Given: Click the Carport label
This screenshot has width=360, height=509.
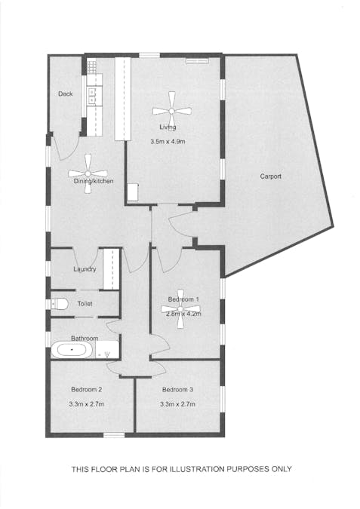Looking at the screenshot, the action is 270,176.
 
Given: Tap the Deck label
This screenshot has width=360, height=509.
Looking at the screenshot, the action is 66,94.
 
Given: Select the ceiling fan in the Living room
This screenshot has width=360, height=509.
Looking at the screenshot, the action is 172,111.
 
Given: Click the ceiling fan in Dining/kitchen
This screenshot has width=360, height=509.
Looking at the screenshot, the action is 88,173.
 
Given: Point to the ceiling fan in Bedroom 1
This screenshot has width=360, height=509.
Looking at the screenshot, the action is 180,308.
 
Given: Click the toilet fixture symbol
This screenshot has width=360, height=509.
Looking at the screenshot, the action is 60,304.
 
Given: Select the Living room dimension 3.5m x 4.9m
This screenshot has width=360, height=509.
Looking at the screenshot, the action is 168,142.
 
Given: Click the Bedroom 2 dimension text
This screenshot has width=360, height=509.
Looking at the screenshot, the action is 87,404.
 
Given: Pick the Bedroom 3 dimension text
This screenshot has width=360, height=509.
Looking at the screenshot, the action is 177,404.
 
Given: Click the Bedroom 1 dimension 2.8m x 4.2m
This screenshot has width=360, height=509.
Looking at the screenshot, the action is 183,314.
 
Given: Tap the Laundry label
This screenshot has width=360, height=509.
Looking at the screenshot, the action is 85,269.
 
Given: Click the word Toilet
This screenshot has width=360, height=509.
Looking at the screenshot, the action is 85,304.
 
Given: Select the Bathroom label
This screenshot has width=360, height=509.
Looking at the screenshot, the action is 85,339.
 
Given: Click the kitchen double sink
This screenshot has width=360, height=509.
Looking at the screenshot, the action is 91,96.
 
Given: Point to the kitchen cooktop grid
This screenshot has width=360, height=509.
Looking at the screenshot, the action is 92,67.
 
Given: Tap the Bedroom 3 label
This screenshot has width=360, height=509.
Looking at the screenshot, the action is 177,390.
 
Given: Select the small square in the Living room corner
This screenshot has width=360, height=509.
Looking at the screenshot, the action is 133,192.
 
